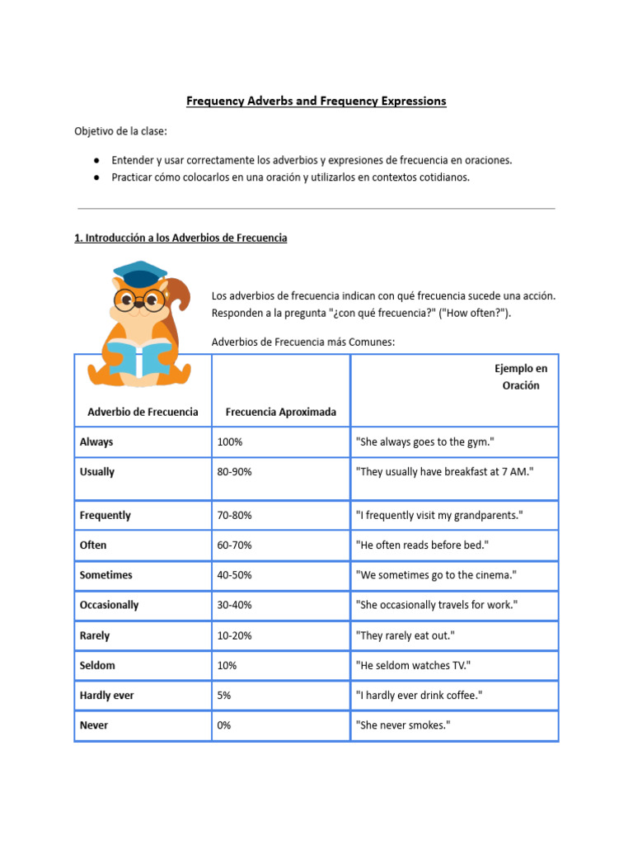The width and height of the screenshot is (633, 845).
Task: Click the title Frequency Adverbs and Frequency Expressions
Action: coord(316,101)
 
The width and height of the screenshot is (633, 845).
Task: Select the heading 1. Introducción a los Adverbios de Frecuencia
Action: coord(181,238)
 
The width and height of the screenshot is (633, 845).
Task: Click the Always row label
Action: coord(96,442)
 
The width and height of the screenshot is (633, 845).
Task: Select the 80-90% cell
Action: coord(234,472)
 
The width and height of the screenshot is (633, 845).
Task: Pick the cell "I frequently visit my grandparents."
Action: coord(438,516)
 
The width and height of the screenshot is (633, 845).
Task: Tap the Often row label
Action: coord(93,545)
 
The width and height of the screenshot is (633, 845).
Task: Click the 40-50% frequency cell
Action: coord(234,575)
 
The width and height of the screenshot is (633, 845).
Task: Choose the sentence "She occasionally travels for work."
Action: coord(436,605)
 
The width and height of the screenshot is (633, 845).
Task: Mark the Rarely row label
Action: coord(95,636)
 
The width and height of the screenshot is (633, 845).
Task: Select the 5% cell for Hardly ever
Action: coord(224,696)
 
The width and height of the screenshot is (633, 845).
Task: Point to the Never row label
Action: coord(94,725)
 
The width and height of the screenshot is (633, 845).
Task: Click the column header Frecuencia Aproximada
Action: coord(280,412)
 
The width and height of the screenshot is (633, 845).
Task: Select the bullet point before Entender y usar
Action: coord(97,160)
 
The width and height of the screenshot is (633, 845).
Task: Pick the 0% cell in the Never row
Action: coord(224,725)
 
